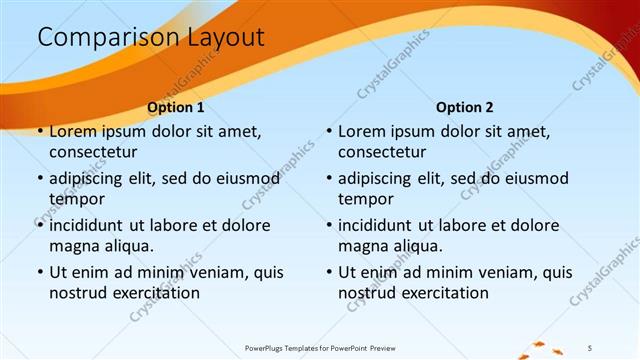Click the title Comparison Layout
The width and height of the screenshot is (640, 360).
[x=151, y=38]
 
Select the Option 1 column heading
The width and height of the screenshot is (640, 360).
[x=176, y=107]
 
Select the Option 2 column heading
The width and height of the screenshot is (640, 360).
[x=465, y=107]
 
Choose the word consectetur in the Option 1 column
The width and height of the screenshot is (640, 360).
[x=93, y=152]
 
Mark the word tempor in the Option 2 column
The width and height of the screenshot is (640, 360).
[x=366, y=199]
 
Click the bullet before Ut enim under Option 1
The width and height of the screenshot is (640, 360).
[x=39, y=272]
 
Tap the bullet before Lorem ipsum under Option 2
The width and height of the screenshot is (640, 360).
[x=328, y=131]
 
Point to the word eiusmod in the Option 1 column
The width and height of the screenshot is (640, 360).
[x=244, y=179]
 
